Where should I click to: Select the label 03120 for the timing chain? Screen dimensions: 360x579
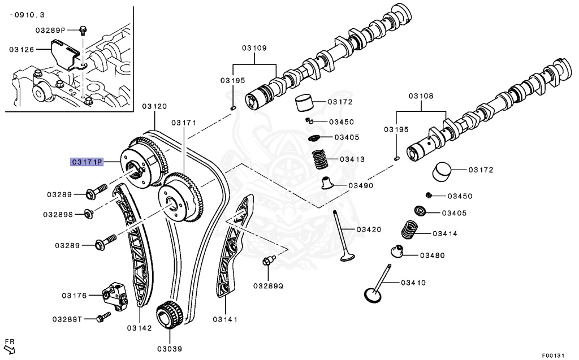tap(154, 106)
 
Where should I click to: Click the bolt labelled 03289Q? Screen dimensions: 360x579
tap(269, 261)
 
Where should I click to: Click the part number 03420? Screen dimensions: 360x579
tap(369, 229)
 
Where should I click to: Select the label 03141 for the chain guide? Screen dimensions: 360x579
tap(225, 320)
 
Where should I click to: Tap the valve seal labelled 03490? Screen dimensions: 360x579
tap(327, 183)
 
